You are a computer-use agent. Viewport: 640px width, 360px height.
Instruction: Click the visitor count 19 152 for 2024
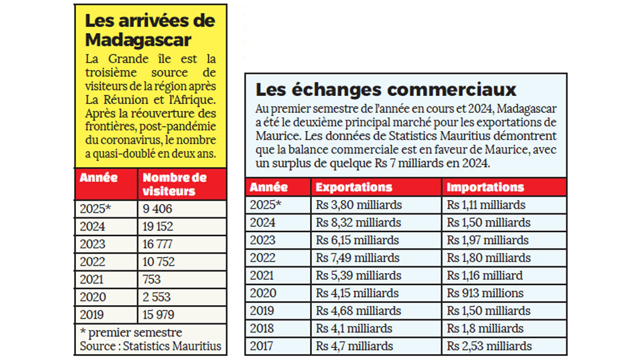(158, 226)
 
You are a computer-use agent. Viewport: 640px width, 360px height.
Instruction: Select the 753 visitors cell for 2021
(152, 279)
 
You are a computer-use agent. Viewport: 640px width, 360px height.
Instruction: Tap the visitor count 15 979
(158, 314)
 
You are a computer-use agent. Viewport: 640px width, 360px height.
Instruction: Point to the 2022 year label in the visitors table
(92, 261)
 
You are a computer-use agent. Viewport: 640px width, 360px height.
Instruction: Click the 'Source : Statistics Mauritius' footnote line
(150, 346)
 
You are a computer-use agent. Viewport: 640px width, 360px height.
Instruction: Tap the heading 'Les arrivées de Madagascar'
(150, 29)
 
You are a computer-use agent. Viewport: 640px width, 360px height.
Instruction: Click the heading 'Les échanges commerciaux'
(385, 89)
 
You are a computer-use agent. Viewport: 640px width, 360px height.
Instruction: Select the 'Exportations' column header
(354, 187)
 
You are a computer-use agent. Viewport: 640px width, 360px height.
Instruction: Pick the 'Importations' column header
(485, 187)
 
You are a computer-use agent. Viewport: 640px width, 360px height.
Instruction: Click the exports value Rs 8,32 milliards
(358, 222)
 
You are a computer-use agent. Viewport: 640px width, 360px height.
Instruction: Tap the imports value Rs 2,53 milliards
(489, 346)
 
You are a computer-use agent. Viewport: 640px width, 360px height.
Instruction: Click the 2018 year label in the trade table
(262, 328)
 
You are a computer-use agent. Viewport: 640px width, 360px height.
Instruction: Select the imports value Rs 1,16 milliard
(485, 275)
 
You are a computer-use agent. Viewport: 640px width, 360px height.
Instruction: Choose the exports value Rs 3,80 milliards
(358, 205)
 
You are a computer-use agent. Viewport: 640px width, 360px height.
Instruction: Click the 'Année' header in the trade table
(268, 187)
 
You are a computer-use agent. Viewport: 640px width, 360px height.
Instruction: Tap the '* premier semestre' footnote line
(131, 332)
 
